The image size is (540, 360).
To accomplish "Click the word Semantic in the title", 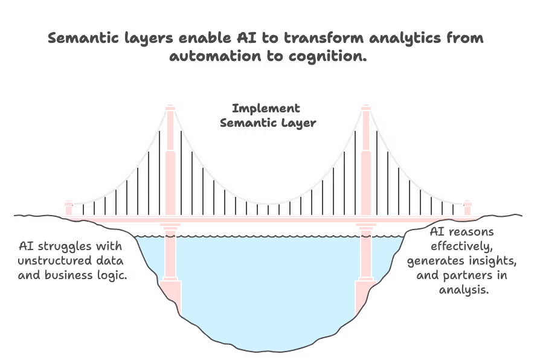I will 80,38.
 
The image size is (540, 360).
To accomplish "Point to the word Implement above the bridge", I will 266,109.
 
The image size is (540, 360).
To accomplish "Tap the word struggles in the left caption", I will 79,246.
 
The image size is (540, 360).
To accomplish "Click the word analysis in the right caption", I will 463,290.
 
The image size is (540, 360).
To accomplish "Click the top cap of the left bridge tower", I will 170,109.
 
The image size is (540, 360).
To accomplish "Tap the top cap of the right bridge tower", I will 365,109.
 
